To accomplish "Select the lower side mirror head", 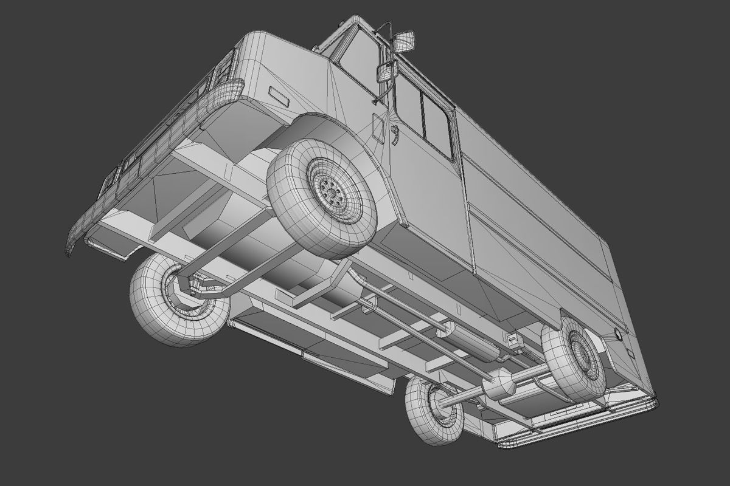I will point(387,72).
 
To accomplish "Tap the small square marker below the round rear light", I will point(630,353).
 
